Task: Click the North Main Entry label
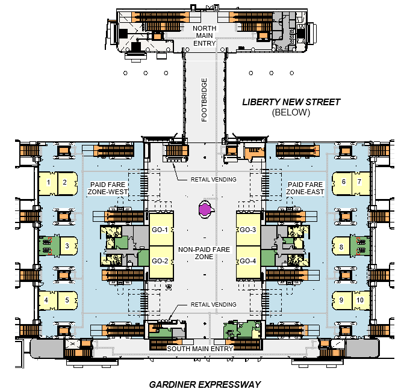(204, 35)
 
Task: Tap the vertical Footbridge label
(204, 100)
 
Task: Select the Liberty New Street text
(291, 102)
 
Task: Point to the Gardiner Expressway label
(205, 385)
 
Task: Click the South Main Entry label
(200, 349)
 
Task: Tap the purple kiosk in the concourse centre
(205, 209)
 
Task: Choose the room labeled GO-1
(161, 229)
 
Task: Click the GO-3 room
(248, 229)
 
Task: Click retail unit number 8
(341, 247)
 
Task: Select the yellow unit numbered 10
(361, 300)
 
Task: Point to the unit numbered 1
(48, 183)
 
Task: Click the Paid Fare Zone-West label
(108, 188)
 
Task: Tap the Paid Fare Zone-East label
(305, 188)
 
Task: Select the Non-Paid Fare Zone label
(204, 253)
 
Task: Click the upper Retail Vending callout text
(213, 179)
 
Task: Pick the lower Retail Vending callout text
(213, 305)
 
